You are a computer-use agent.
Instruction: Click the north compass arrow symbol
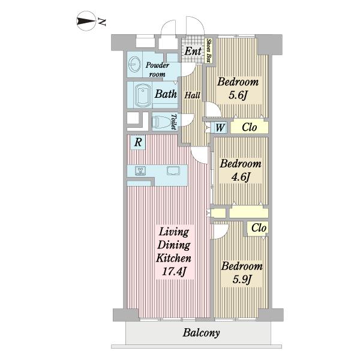coord(85,21)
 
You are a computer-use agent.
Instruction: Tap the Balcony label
coord(201,332)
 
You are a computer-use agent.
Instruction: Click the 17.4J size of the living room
coord(174,272)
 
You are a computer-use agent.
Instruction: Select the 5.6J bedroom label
coord(238,88)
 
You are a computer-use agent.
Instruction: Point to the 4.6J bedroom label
coord(241,170)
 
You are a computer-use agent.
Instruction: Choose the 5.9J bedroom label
coord(242,272)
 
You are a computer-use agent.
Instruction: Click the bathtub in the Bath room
coord(143,95)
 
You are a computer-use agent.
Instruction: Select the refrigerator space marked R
coord(138,142)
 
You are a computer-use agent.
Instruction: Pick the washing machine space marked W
coord(220,127)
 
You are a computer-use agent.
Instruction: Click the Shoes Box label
coord(208,51)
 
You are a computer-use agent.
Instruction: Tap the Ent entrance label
coord(193,51)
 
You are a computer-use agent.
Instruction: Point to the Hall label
coord(192,95)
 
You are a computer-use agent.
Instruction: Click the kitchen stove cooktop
coord(140,171)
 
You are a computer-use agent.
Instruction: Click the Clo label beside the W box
coord(250,127)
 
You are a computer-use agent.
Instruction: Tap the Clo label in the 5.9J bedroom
coord(259,228)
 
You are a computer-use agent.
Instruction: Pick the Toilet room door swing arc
coord(188,120)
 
